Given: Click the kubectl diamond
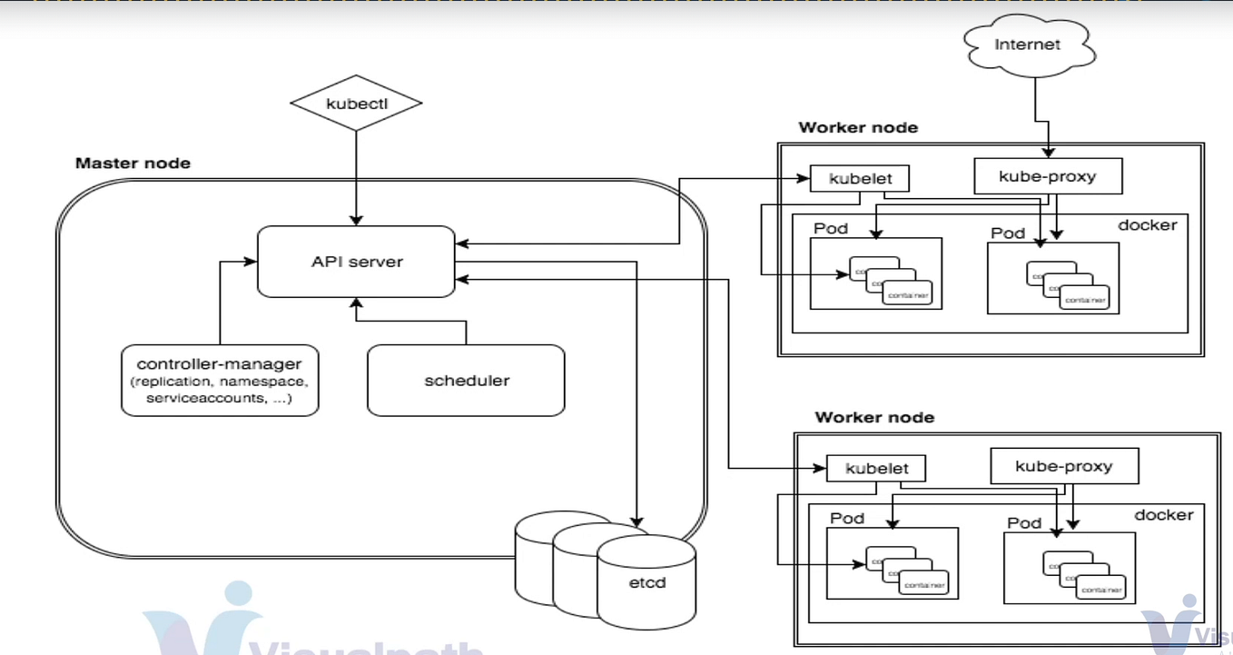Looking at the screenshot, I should click(355, 104).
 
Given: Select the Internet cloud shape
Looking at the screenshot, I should click(1027, 45).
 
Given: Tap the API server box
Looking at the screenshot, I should click(356, 262).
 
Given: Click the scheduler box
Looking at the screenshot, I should click(466, 381).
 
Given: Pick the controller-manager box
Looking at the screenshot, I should click(220, 379).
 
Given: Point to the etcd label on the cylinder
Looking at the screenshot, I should click(646, 581).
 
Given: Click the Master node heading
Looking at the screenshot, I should click(133, 164).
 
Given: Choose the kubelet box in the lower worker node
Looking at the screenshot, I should click(876, 469).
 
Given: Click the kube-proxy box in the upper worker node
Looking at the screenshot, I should click(1047, 176).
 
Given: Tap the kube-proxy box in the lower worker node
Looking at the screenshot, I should click(1063, 466).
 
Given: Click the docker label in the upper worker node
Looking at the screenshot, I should click(1147, 224).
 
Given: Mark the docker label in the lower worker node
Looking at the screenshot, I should click(1163, 515).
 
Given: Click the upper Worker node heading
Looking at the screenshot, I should click(858, 127).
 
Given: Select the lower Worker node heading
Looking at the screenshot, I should click(874, 418).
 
